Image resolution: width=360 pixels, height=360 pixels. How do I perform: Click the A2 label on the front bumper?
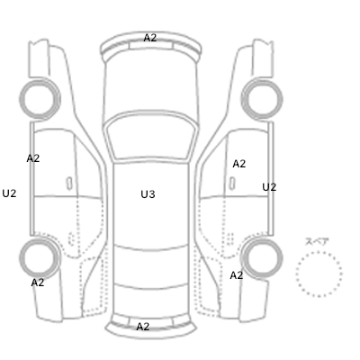pyautogui.click(x=150, y=38)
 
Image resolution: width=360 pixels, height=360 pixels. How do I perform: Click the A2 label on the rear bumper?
pyautogui.click(x=143, y=327)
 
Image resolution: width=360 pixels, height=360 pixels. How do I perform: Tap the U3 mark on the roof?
pyautogui.click(x=148, y=194)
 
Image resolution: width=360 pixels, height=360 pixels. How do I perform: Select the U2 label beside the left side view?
pyautogui.click(x=9, y=193)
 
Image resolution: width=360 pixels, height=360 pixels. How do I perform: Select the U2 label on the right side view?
pyautogui.click(x=269, y=187)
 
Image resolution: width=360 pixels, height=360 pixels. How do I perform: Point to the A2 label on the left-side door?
pyautogui.click(x=33, y=158)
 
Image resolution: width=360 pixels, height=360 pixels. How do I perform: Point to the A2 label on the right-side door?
pyautogui.click(x=239, y=164)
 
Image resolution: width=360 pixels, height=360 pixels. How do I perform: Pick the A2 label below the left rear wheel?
pyautogui.click(x=38, y=283)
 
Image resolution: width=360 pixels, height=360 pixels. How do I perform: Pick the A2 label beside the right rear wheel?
pyautogui.click(x=237, y=275)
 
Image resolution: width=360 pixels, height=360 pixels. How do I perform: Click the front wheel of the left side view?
pyautogui.click(x=40, y=81)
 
